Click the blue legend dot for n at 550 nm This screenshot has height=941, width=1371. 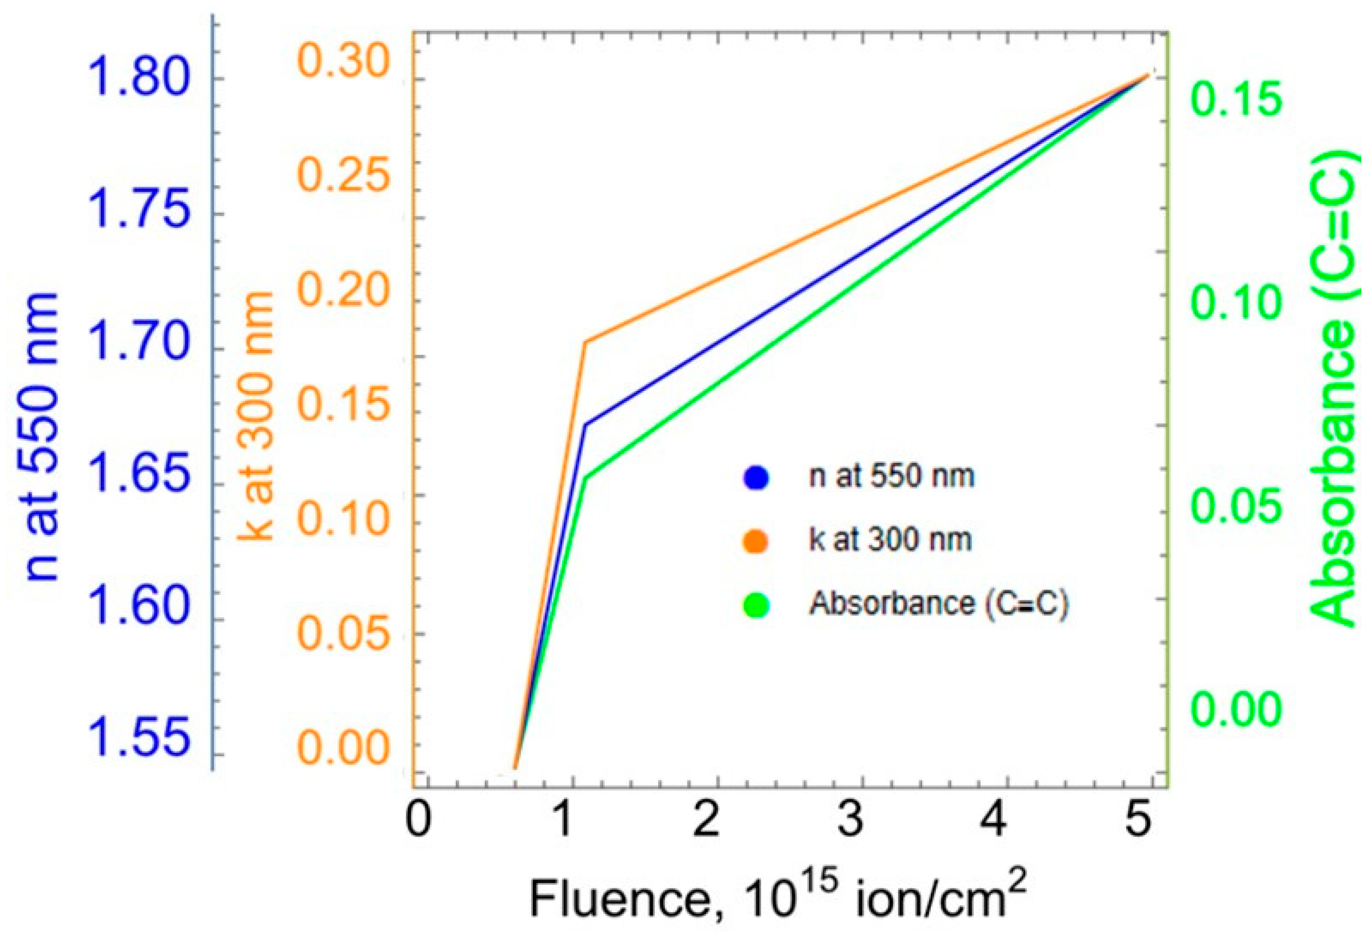(756, 476)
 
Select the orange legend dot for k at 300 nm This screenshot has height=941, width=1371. (756, 540)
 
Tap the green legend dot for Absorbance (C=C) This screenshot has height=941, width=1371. (756, 604)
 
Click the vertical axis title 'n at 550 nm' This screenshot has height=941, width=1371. (42, 436)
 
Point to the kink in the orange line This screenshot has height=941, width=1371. (585, 342)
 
